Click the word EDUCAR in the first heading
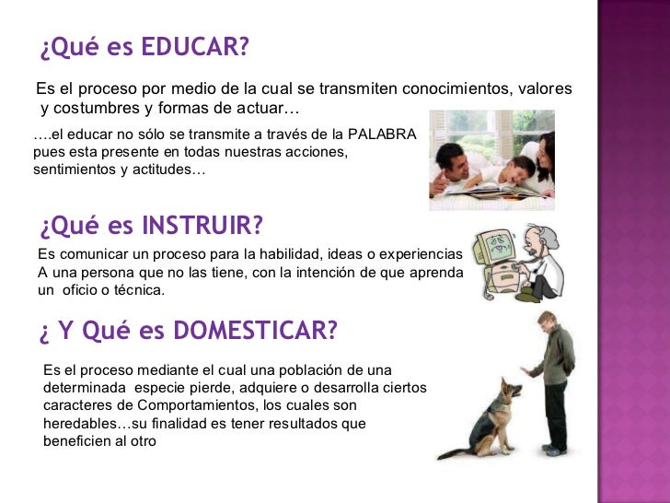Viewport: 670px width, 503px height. click(x=195, y=47)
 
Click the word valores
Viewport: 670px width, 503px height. click(x=545, y=88)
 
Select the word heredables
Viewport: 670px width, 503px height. click(x=81, y=424)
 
